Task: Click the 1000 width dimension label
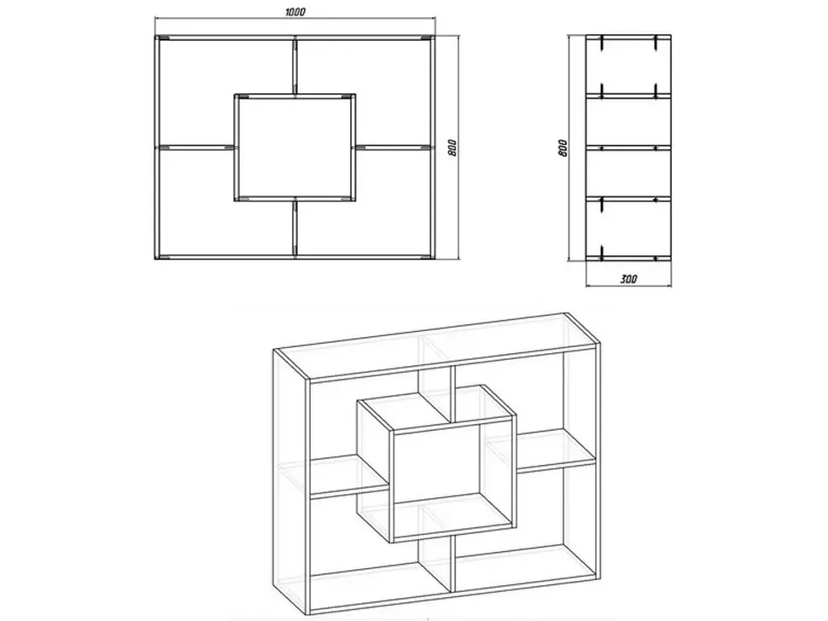[x=295, y=12]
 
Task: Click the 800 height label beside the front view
[x=452, y=148]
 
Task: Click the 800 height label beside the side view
[x=563, y=148]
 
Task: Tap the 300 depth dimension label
[x=629, y=279]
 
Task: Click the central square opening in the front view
[x=294, y=148]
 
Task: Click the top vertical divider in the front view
[x=295, y=66]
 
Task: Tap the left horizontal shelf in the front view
[x=196, y=147]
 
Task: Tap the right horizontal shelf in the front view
[x=394, y=147]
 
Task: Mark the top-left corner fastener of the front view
[x=164, y=38]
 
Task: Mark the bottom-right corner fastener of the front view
[x=426, y=257]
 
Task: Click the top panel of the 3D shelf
[x=436, y=345]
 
